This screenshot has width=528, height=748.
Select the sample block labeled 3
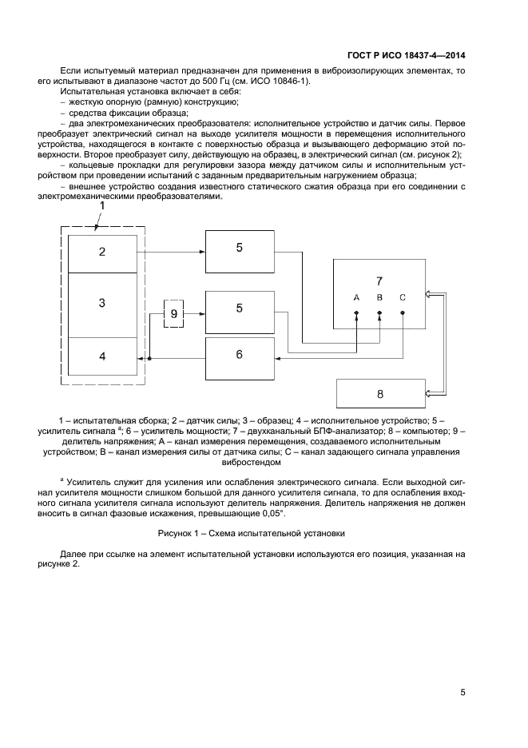101,304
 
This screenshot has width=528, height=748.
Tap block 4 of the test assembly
101,356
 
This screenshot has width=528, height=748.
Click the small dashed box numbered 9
174,313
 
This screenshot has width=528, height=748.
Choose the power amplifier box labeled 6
239,354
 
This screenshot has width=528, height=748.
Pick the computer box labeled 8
379,394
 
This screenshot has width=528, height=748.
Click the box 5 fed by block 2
239,249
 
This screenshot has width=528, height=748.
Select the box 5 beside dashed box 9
239,308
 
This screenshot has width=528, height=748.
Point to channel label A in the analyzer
357,297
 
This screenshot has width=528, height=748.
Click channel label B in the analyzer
379,297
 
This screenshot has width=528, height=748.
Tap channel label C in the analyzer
403,297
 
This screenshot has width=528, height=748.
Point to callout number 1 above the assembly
101,206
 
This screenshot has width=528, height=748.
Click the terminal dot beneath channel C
403,312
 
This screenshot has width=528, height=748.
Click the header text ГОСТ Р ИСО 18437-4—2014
407,55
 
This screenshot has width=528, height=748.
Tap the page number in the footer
463,692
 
